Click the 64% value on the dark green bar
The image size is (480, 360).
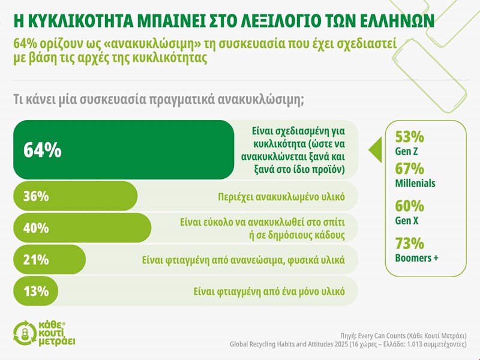point(42,150)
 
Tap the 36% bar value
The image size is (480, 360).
point(36,196)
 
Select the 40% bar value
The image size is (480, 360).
point(36,229)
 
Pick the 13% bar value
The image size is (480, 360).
point(35,291)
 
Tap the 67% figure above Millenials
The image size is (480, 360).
point(410,169)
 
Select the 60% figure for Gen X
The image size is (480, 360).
point(410,206)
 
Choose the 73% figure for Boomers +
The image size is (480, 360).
point(410,244)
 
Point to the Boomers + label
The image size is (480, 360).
point(417,258)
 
